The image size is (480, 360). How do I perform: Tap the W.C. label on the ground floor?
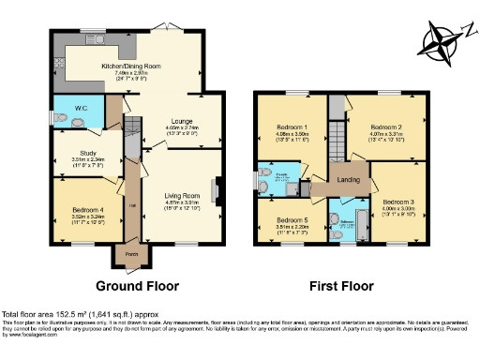click(81, 109)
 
